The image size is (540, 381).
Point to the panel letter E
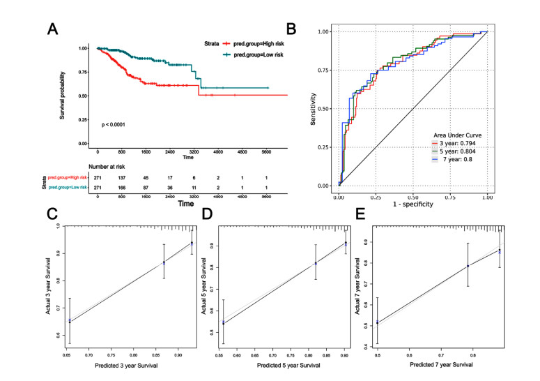362,212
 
